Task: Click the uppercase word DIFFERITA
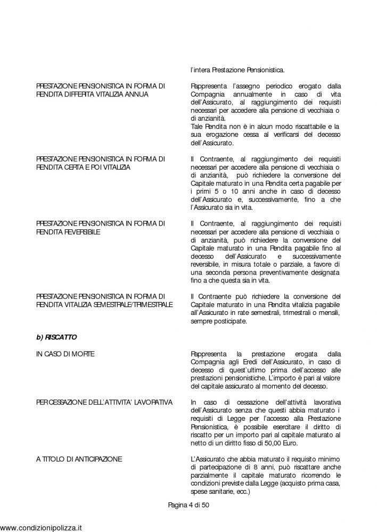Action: (x=80, y=94)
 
